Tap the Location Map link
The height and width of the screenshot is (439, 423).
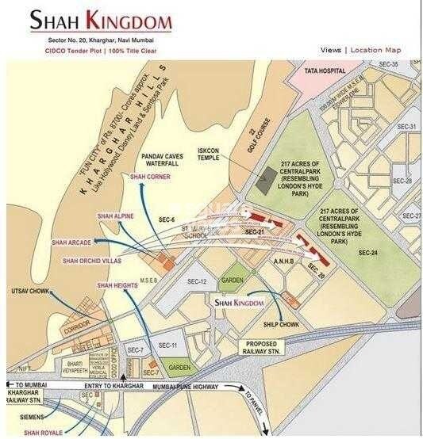click(x=375, y=50)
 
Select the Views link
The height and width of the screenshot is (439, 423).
click(x=331, y=50)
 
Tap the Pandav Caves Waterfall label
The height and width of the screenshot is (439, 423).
click(x=162, y=161)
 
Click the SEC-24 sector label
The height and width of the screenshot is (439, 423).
click(x=368, y=253)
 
